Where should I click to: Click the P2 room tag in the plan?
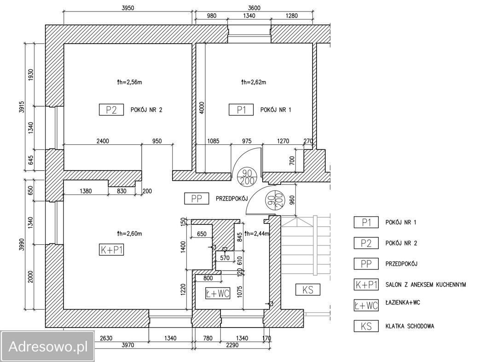coord(111,109)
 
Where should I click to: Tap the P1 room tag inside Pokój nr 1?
coord(241,109)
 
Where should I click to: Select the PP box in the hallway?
coord(197,199)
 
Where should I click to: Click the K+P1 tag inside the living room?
coord(111,250)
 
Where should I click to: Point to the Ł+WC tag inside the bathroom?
coord(218,293)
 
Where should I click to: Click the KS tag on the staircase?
coord(308,289)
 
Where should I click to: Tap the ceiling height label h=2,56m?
coord(129,82)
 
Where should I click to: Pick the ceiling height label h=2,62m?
coord(254,82)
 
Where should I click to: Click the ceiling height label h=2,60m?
coord(129,234)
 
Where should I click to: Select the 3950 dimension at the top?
coord(127,8)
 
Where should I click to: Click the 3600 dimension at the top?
coord(254,8)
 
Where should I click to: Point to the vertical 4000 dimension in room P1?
coord(202,108)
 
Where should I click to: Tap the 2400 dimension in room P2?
coord(103,141)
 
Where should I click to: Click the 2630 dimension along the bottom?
coord(106,338)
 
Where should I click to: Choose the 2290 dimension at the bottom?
coord(232,345)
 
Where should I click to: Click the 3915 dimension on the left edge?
coord(22,107)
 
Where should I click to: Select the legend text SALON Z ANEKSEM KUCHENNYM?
coord(426,285)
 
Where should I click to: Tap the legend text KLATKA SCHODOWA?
coord(410,326)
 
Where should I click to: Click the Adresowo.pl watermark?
coord(48,346)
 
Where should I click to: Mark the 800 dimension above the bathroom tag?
coord(208,278)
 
